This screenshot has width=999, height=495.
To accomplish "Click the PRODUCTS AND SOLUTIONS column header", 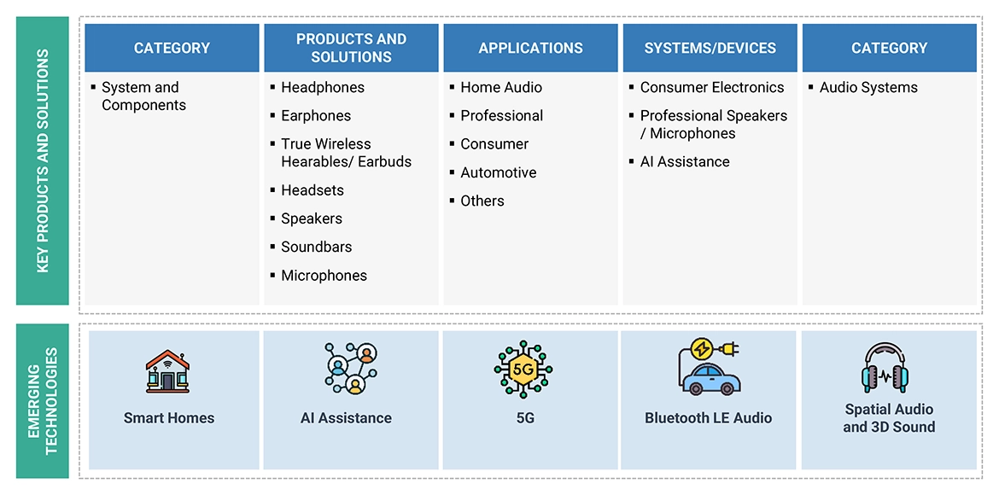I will [x=351, y=48].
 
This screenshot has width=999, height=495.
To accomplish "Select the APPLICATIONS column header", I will [x=530, y=48].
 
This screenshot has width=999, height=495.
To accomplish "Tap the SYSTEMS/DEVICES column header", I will [x=710, y=48].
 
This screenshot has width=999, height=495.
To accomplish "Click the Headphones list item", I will [x=322, y=87].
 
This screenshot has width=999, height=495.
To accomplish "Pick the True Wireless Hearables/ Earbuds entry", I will [x=346, y=153].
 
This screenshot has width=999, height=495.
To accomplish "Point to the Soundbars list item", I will [x=316, y=247].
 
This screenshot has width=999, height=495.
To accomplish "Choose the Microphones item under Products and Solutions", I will [x=324, y=275].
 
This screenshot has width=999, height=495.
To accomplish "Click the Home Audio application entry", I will [x=500, y=87].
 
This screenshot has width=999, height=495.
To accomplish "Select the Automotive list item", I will [x=498, y=172].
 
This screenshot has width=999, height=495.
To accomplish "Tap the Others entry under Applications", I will [x=482, y=201].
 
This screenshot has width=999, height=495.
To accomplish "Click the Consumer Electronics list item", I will [x=711, y=87].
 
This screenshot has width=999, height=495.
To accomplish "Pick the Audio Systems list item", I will [x=868, y=87].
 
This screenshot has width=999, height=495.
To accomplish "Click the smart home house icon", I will [x=168, y=370].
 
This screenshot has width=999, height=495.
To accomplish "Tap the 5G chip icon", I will [x=523, y=370].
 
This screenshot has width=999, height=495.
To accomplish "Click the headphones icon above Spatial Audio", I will [x=888, y=369].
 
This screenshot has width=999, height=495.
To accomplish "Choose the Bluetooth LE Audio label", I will [x=708, y=418].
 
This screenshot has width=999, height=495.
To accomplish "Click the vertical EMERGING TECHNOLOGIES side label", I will [x=43, y=399].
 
